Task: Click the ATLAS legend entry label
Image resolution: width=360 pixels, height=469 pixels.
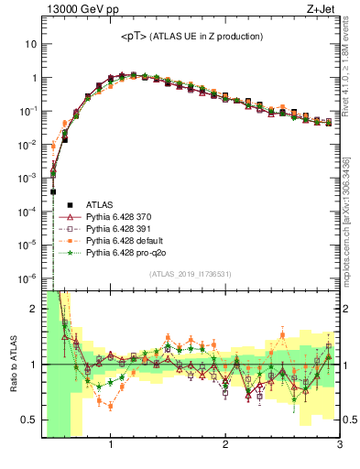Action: (99, 204)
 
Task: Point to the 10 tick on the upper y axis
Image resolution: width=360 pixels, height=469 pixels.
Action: (31, 44)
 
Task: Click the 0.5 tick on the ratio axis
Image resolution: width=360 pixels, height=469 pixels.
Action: (29, 420)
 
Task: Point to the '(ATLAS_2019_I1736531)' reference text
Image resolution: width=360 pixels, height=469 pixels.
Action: (191, 274)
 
